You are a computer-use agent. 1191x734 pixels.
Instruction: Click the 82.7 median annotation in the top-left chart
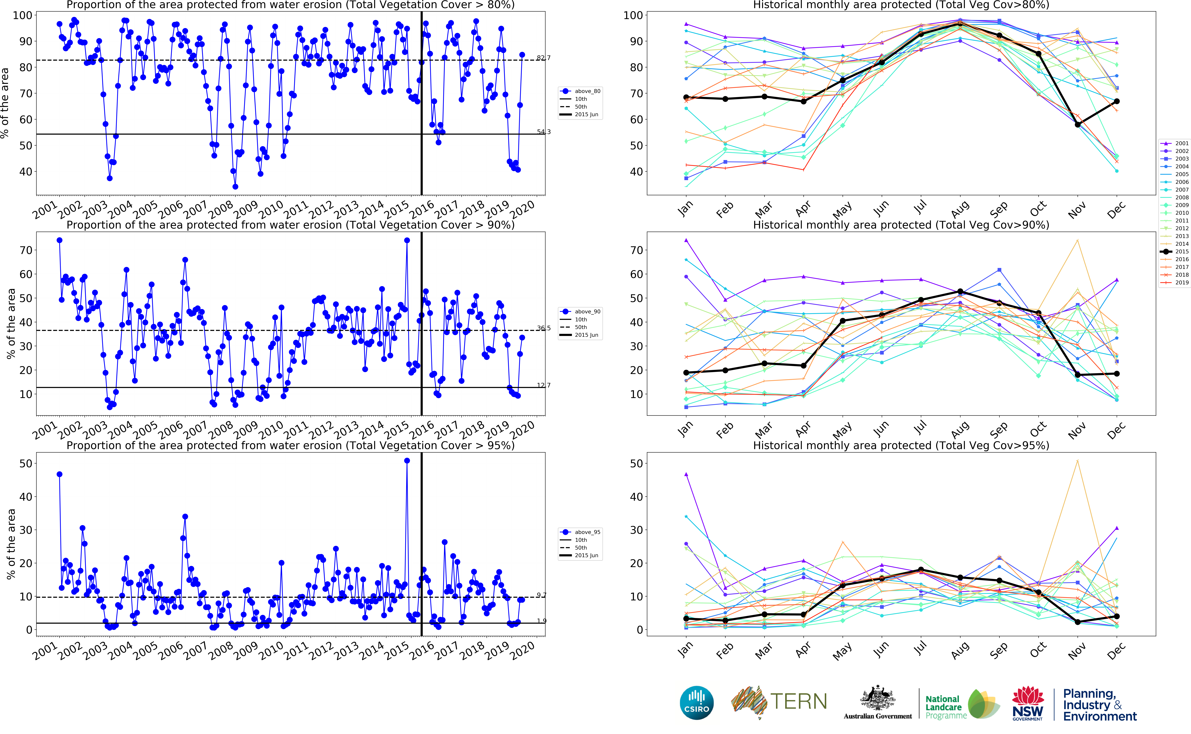pos(543,58)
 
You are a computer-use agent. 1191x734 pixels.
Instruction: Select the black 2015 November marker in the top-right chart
pos(1078,125)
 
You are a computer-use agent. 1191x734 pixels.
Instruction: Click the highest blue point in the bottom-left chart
pos(407,461)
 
